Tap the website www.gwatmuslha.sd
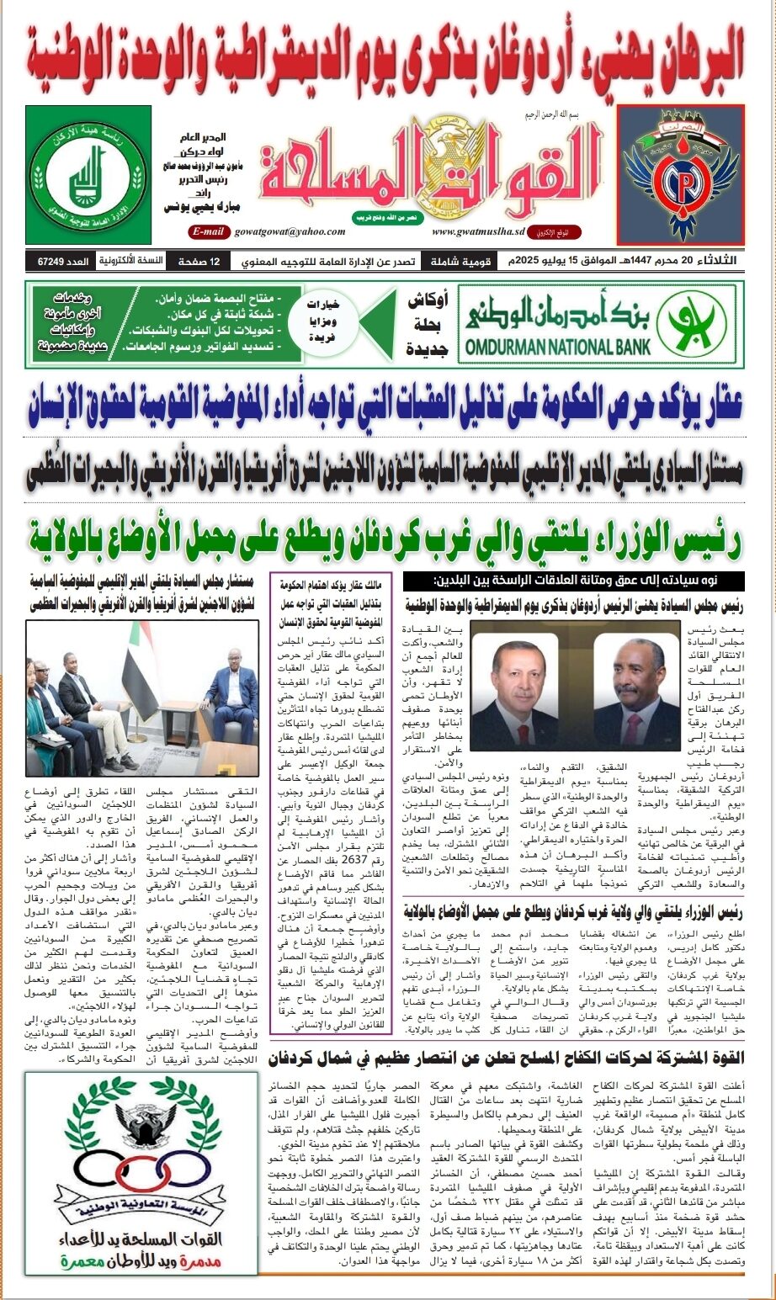473,231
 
